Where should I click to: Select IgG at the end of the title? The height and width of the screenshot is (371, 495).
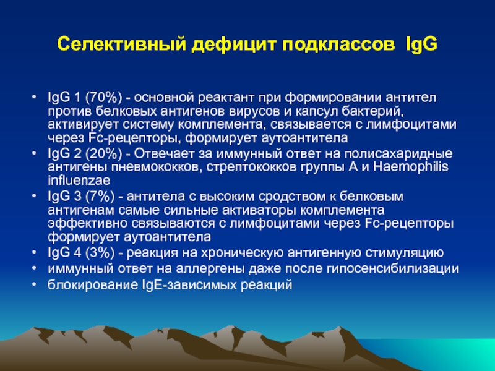[421, 44]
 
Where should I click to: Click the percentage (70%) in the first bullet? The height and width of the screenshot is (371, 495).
[103, 98]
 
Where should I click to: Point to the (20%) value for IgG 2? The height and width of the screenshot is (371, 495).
[103, 153]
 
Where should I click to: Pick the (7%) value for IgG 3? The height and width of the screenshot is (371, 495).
[100, 196]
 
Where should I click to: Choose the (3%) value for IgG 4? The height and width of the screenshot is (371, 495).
[100, 252]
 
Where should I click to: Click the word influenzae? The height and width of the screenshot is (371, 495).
[79, 181]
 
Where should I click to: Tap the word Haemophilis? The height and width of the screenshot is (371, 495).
[411, 166]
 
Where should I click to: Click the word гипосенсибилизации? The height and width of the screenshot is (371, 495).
[393, 268]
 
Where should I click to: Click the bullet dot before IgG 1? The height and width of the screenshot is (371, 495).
[34, 97]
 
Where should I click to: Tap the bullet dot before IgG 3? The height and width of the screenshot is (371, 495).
[34, 195]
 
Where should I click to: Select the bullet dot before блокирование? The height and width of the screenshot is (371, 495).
[34, 284]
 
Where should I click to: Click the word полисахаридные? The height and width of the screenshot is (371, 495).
[398, 154]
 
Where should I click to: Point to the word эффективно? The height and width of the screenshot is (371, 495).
[87, 223]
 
